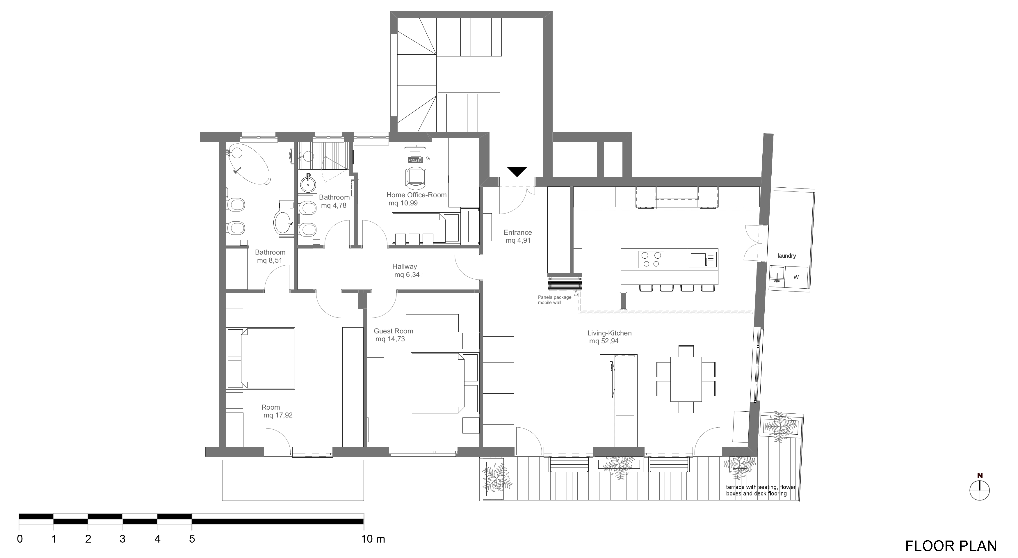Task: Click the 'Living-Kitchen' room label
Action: click(609, 333)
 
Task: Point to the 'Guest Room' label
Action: click(393, 331)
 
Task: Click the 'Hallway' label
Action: click(404, 267)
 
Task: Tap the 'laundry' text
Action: click(786, 256)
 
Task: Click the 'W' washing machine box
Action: click(796, 277)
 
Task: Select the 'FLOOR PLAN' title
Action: click(951, 546)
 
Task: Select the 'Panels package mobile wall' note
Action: click(554, 300)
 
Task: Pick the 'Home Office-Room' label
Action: click(416, 195)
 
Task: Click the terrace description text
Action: click(760, 490)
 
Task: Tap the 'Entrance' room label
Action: click(518, 232)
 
